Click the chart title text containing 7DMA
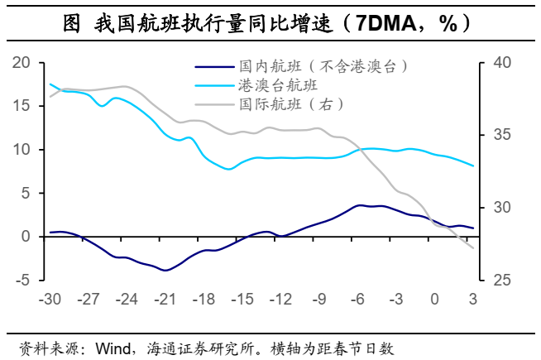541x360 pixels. click(x=270, y=25)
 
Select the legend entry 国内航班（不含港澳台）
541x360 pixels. click(x=323, y=65)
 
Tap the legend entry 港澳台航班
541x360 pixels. click(x=278, y=85)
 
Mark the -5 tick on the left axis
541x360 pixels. click(x=22, y=280)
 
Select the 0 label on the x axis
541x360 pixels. click(x=435, y=299)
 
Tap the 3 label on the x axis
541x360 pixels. click(x=473, y=299)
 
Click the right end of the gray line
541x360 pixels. click(x=473, y=248)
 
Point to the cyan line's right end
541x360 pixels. click(x=473, y=166)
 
